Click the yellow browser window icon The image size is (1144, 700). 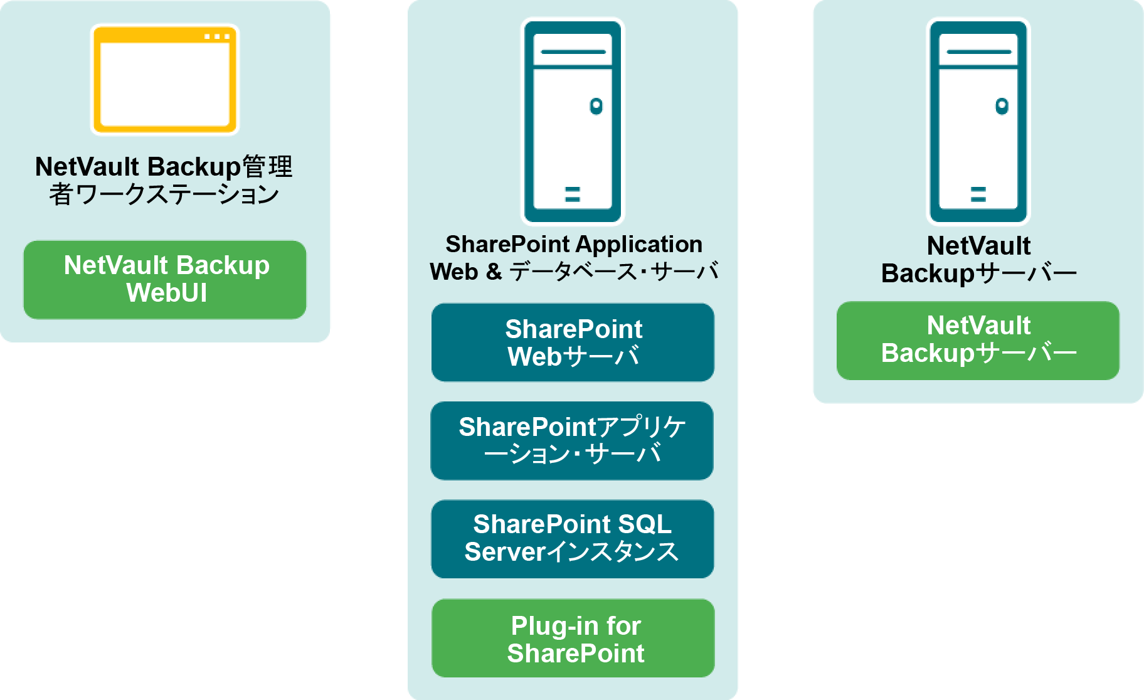tap(165, 80)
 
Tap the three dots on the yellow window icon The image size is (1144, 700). tap(217, 36)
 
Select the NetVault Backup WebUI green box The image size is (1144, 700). tap(165, 280)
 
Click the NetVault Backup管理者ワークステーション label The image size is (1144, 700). tap(164, 181)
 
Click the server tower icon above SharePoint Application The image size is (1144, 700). tap(573, 121)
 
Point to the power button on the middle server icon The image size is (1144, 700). tap(596, 106)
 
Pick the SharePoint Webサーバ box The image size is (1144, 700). tap(573, 342)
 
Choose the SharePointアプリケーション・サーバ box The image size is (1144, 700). tap(572, 440)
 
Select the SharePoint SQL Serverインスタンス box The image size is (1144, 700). tap(573, 539)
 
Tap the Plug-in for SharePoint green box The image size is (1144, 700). tap(573, 638)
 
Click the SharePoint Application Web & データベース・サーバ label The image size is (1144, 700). tap(574, 258)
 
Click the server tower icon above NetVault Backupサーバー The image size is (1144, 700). tap(978, 121)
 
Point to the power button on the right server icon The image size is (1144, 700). tap(1002, 106)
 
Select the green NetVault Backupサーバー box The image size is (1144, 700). tap(978, 341)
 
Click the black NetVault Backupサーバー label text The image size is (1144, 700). tap(978, 260)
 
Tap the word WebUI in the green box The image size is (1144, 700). tap(167, 293)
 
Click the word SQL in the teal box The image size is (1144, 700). tap(645, 524)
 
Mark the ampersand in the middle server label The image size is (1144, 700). tap(494, 272)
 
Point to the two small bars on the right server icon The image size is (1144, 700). tap(978, 194)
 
